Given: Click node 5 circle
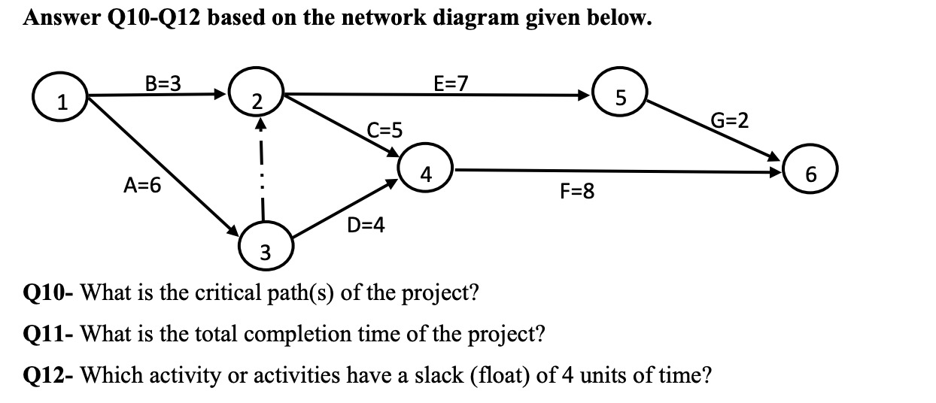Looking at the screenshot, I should point(619,95).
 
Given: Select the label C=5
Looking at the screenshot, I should point(384,130).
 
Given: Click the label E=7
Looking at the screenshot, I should point(451,82).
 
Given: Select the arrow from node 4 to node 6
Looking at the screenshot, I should point(617,171).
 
